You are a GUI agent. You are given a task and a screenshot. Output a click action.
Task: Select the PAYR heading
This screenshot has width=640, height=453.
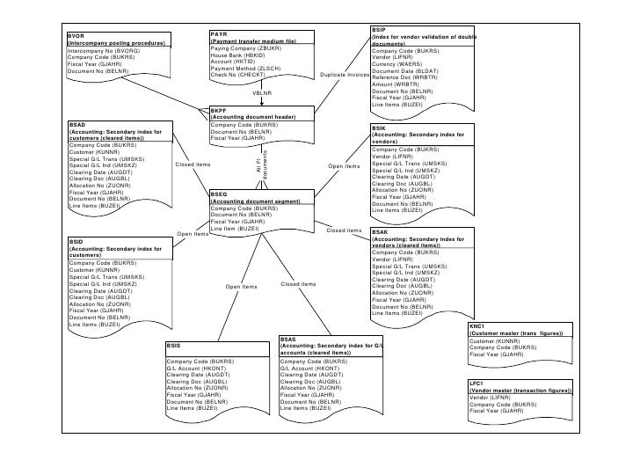point(220,33)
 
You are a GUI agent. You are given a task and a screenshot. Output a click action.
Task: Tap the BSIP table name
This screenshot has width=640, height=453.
point(379,30)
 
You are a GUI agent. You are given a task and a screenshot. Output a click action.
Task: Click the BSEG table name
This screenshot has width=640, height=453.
point(220,194)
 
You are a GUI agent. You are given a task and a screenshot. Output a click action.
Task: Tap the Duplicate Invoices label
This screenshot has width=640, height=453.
point(345,75)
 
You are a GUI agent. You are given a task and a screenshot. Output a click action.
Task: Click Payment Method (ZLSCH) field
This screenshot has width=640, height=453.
point(246,68)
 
